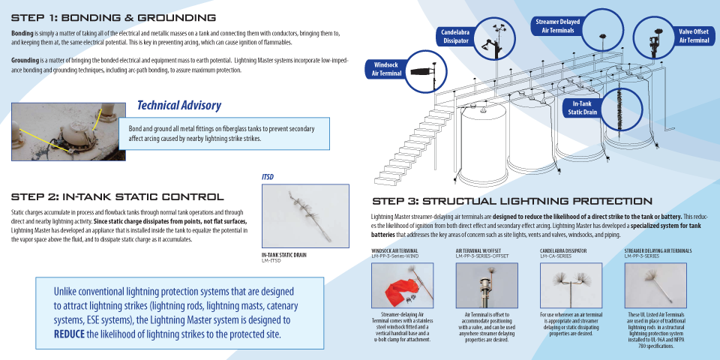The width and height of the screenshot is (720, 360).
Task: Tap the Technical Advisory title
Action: coord(179,106)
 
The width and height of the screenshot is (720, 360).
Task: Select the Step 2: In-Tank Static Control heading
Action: coord(117,196)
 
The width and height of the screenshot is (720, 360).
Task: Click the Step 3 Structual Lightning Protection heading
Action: coord(512,201)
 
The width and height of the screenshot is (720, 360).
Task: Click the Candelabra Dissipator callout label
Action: coord(455,36)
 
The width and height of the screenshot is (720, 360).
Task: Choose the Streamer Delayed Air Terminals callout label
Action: coord(556,26)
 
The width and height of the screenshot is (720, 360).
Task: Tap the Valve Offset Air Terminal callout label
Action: coord(693,36)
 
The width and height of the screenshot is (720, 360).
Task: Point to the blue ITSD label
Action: coord(268,177)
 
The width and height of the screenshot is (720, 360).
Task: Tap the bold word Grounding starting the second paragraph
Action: coord(25,59)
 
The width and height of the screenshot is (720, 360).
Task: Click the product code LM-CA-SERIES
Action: coord(556,256)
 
